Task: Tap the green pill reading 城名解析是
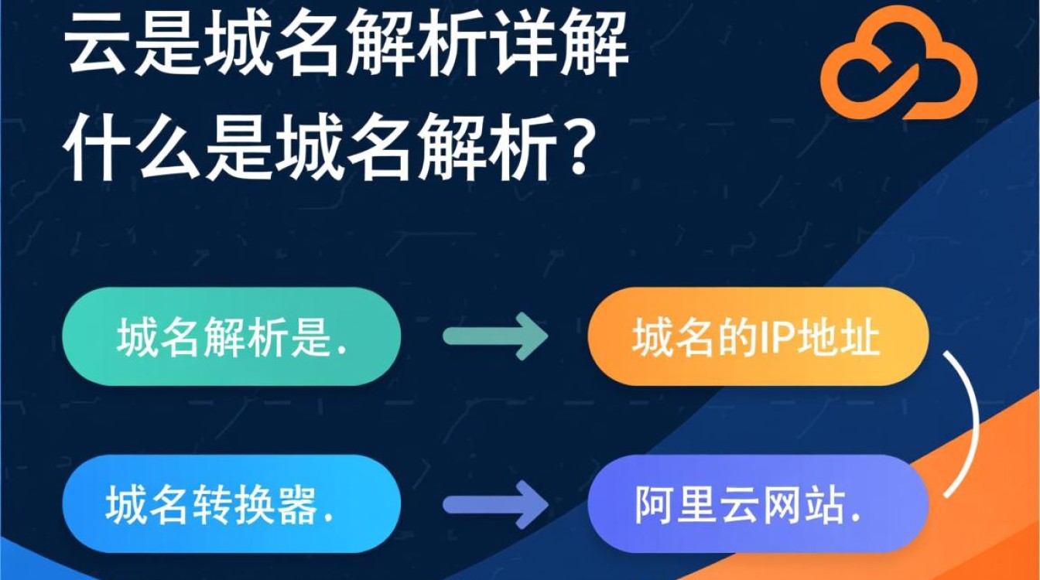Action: [231, 336]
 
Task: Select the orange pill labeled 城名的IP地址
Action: [757, 337]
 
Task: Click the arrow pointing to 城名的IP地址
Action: [495, 337]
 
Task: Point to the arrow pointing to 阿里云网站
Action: [495, 507]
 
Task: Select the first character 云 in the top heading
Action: [98, 48]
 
